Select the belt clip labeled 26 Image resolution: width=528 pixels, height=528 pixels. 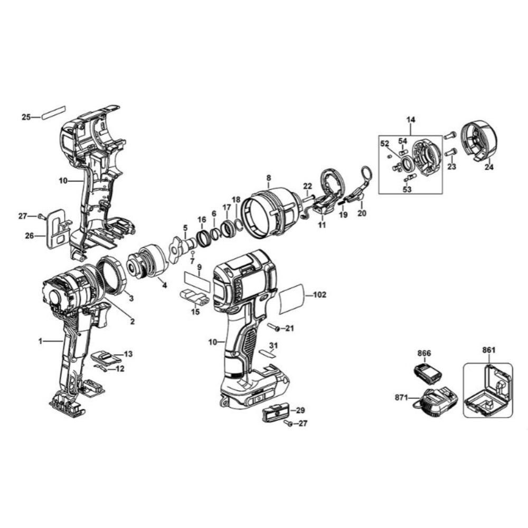(56, 229)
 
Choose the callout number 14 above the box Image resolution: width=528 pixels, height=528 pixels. (411, 120)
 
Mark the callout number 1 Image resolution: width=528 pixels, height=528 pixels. (40, 342)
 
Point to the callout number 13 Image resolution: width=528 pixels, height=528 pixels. (128, 353)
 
